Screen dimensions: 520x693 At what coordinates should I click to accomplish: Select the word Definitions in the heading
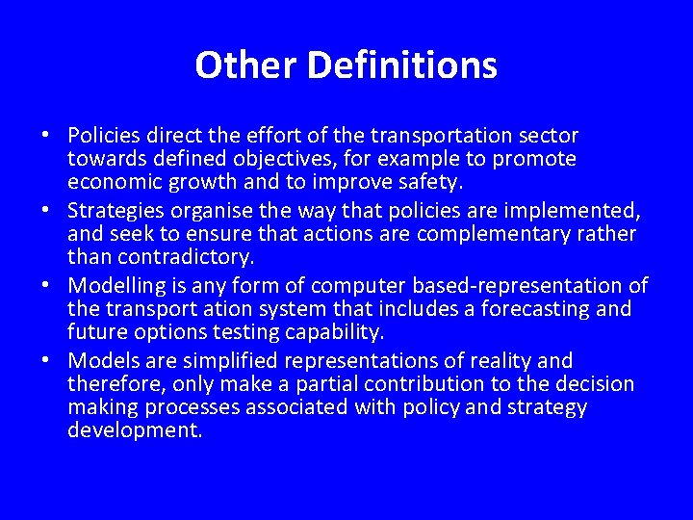402,65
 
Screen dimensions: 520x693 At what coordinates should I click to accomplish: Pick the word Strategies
117,210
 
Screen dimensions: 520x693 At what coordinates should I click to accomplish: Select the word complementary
498,233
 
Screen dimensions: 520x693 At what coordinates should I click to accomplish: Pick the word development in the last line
135,430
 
